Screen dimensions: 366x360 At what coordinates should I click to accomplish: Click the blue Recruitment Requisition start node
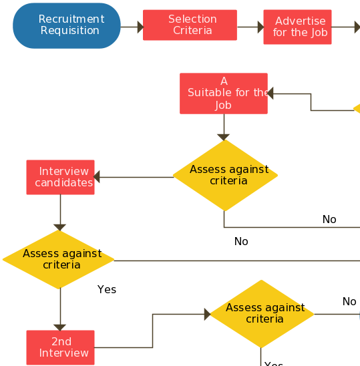[x=67, y=25]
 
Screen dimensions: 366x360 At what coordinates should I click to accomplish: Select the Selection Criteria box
[x=190, y=25]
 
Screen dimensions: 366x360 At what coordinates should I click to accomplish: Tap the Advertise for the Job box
[x=297, y=27]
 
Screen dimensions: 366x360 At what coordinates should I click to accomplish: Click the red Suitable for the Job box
[x=224, y=94]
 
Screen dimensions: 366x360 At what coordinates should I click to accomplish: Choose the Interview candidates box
[x=60, y=177]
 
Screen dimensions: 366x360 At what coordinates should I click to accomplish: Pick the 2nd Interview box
[x=60, y=347]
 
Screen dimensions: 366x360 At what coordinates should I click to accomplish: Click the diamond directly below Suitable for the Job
[x=224, y=175]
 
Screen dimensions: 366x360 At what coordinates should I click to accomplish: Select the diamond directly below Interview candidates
[x=59, y=259]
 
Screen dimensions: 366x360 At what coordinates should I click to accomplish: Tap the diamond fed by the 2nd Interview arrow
[x=261, y=314]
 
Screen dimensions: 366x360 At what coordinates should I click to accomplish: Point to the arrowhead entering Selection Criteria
[x=139, y=27]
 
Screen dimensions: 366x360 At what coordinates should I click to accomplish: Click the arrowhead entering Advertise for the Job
[x=259, y=27]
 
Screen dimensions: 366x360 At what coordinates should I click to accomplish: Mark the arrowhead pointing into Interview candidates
[x=98, y=177]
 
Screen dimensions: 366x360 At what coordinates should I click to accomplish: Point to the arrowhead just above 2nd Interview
[x=60, y=327]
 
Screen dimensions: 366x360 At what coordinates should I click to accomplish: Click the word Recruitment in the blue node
[x=71, y=19]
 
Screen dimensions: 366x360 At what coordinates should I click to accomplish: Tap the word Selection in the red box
[x=192, y=19]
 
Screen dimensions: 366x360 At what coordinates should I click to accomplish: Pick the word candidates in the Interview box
[x=64, y=183]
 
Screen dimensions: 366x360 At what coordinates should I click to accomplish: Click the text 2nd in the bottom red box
[x=61, y=342]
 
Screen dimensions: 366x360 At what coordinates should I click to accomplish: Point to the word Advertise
[x=301, y=21]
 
